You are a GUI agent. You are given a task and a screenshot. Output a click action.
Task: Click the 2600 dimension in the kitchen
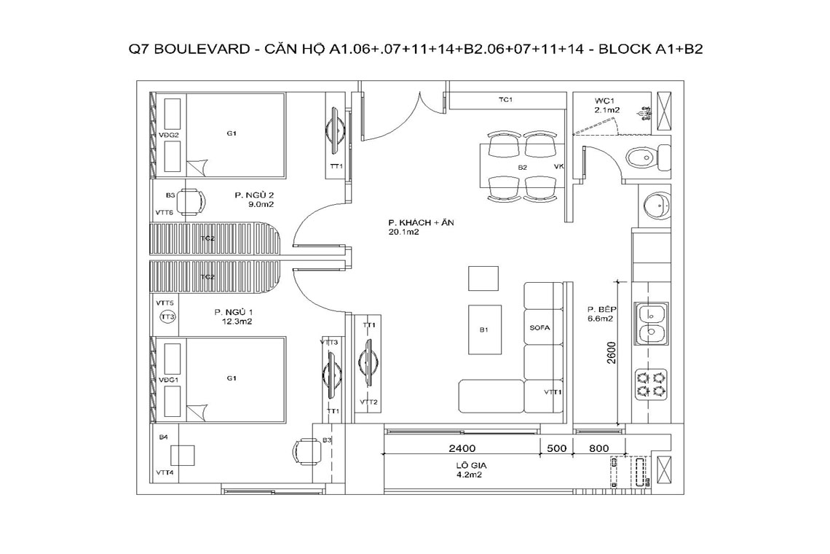click(612, 352)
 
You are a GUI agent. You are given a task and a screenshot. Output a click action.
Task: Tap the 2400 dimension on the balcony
click(462, 448)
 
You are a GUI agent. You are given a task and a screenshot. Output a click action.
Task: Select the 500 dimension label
click(556, 448)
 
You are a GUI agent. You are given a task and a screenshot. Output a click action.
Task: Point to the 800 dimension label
click(598, 448)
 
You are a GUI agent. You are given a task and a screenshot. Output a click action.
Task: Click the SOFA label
click(539, 327)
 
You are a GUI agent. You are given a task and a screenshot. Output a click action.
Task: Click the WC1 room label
click(603, 100)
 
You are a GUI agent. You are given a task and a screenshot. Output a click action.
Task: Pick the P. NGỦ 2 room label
click(254, 195)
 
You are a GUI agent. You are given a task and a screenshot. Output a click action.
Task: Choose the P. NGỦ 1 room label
click(234, 312)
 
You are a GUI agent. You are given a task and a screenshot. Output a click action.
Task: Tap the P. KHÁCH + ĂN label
click(420, 222)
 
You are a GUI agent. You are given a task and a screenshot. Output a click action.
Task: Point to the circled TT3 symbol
click(167, 317)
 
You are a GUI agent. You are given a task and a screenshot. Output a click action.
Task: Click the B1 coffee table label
click(483, 329)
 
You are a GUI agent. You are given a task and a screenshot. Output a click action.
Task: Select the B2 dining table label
click(523, 167)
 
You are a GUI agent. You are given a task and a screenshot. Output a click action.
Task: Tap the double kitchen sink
click(651, 324)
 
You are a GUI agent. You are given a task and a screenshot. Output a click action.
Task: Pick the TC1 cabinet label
click(505, 100)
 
